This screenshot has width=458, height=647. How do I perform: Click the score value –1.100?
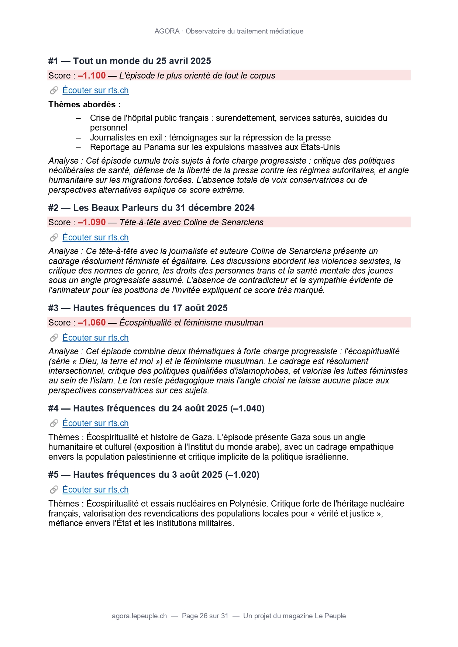pyautogui.click(x=92, y=76)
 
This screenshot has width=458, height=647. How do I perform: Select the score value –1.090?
pyautogui.click(x=92, y=222)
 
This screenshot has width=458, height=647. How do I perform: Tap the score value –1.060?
pyautogui.click(x=92, y=323)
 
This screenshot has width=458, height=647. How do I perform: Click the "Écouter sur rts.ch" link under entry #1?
pyautogui.click(x=95, y=90)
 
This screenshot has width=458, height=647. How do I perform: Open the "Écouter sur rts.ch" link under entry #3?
pyautogui.click(x=95, y=338)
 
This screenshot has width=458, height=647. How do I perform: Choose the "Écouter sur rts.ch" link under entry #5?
pyautogui.click(x=95, y=490)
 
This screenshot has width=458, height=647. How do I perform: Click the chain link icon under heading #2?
pyautogui.click(x=54, y=237)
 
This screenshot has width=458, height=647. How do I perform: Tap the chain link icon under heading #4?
pyautogui.click(x=54, y=423)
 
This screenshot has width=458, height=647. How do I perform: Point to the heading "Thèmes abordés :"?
pyautogui.click(x=85, y=104)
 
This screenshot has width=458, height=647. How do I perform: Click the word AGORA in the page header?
pyautogui.click(x=167, y=31)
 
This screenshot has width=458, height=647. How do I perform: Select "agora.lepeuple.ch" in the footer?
pyautogui.click(x=139, y=616)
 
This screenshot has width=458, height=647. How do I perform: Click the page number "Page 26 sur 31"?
pyautogui.click(x=205, y=616)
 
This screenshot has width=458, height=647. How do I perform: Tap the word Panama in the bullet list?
pyautogui.click(x=159, y=147)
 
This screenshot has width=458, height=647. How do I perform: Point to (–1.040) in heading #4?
pyautogui.click(x=247, y=408)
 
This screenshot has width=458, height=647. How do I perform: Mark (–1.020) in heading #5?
pyautogui.click(x=242, y=474)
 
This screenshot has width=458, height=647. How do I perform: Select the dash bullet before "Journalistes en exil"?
pyautogui.click(x=78, y=138)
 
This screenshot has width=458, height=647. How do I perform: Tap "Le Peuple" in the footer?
pyautogui.click(x=330, y=616)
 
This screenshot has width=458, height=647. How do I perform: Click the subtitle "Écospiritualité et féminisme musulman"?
pyautogui.click(x=191, y=323)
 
